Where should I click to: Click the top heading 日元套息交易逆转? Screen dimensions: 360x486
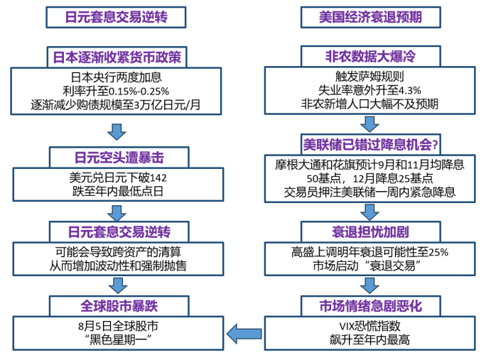117,16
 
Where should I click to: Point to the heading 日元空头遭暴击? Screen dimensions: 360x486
117,157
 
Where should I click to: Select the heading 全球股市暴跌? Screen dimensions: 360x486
117,306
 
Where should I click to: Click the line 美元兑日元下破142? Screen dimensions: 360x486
117,177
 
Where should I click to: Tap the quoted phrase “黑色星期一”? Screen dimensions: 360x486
117,340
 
